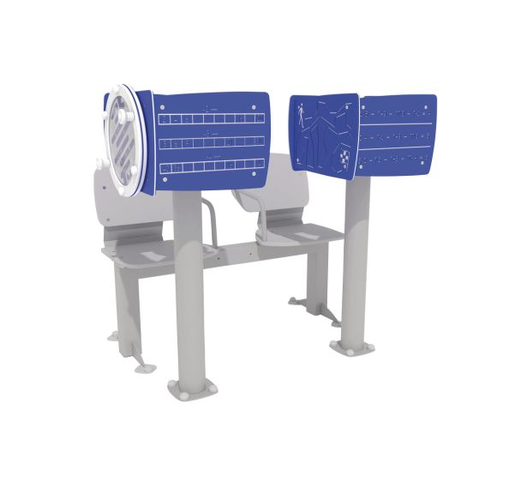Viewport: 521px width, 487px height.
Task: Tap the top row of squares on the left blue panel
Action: pos(211,117)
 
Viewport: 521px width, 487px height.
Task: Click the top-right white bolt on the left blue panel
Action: pos(255,107)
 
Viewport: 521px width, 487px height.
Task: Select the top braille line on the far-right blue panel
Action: pos(394,112)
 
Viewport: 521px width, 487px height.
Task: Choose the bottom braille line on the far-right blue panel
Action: pos(394,160)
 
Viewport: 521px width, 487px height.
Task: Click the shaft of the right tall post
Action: pos(356,257)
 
